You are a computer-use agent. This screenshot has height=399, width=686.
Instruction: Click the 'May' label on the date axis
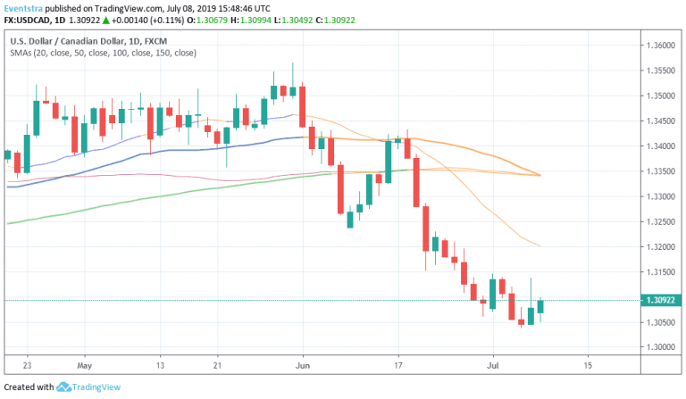click(85, 365)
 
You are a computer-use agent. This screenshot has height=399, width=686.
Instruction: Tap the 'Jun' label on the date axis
click(303, 365)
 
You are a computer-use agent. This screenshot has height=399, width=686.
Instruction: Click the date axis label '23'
click(28, 365)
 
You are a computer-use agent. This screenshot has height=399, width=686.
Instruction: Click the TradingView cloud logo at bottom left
click(63, 387)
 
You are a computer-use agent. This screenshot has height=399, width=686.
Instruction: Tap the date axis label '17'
click(398, 365)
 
